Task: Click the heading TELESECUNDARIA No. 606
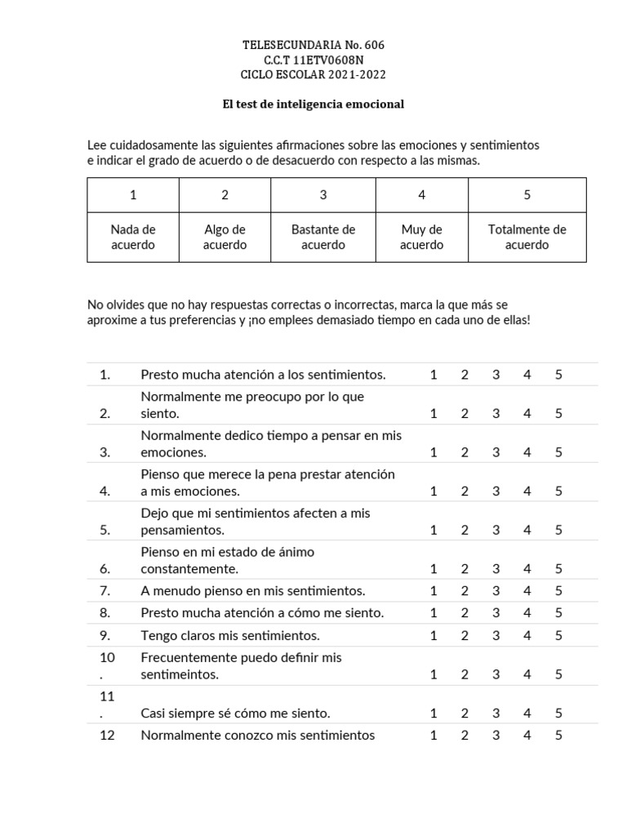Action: [313, 45]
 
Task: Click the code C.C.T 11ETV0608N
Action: [313, 60]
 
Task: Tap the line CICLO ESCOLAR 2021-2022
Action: [313, 74]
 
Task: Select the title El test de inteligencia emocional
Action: [313, 104]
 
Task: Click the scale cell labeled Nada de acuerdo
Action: [133, 237]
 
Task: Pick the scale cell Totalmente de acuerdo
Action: [527, 237]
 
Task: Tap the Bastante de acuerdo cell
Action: [323, 237]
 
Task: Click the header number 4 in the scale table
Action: [421, 194]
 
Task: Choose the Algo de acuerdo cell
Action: [225, 237]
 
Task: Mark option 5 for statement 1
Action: [558, 375]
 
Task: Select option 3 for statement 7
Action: [496, 590]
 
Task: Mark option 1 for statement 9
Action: [434, 635]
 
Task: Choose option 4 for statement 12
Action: [527, 735]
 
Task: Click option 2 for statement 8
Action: [465, 612]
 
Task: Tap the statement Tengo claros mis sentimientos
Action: [230, 635]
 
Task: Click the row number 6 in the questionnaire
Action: [104, 569]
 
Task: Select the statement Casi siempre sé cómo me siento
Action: [235, 713]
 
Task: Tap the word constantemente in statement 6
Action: [189, 569]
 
